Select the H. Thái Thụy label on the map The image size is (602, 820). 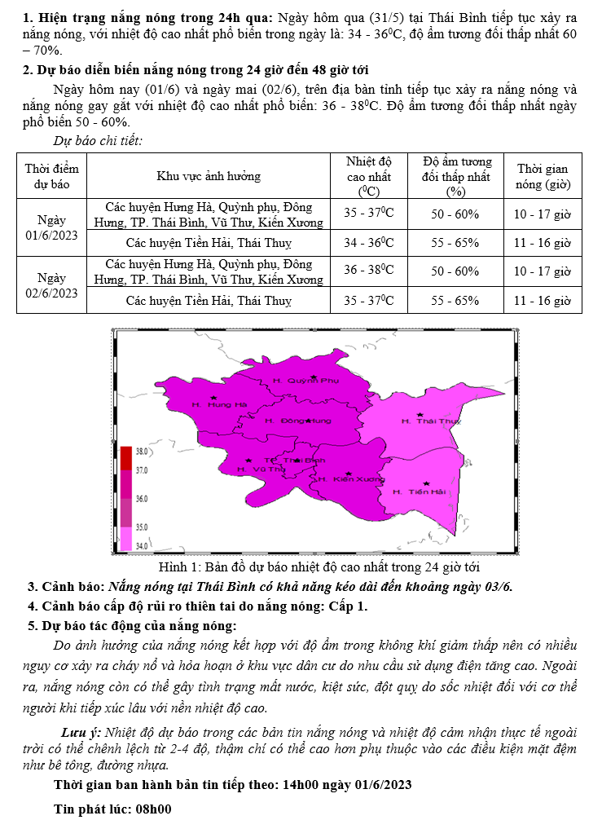coord(431,421)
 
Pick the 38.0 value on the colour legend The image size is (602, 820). coord(141,451)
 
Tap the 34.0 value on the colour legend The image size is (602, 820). coord(141,545)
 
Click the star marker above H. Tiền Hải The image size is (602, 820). coord(426,483)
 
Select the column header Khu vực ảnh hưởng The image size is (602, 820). coord(209,176)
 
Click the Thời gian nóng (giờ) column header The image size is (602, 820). coord(542,176)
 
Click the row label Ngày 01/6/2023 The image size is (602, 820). coord(52,227)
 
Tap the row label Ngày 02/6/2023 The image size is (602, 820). coord(52,284)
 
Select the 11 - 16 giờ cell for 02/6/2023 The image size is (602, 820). coord(542,300)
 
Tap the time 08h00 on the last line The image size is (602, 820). coord(152,809)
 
